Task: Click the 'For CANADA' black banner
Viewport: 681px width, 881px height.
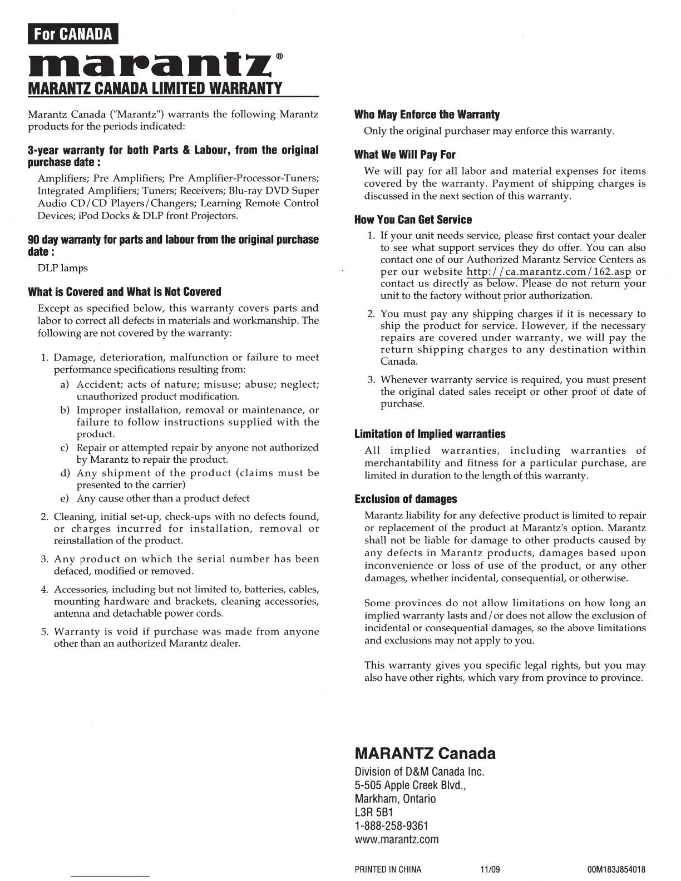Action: click(x=72, y=34)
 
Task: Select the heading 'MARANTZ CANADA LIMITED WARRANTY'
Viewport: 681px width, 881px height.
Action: click(x=155, y=88)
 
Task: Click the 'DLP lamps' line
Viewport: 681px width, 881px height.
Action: click(x=62, y=268)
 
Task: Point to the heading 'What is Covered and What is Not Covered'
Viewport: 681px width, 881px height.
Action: click(x=125, y=292)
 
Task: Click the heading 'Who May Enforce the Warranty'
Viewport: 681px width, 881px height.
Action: click(x=427, y=115)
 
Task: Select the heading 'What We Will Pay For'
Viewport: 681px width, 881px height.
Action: click(x=404, y=155)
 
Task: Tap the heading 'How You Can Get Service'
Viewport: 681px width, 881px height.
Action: click(x=413, y=220)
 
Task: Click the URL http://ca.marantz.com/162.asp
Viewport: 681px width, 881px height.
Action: click(x=548, y=272)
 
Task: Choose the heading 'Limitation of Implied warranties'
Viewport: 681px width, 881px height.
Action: click(x=430, y=434)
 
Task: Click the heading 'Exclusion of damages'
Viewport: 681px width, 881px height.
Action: click(x=406, y=499)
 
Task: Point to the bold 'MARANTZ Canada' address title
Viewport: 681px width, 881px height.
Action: click(x=425, y=754)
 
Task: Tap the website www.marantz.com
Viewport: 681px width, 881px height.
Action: click(x=396, y=839)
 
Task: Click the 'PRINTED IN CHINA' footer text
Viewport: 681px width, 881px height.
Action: click(x=388, y=869)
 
